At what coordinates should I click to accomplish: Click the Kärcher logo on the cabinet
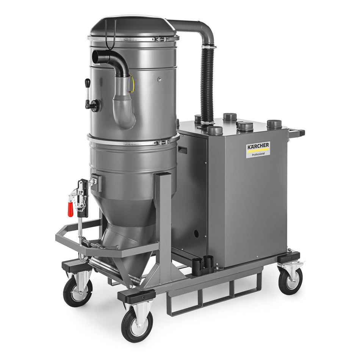tap(258, 146)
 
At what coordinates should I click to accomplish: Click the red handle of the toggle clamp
tap(70, 209)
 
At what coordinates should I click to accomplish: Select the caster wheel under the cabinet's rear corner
tap(290, 280)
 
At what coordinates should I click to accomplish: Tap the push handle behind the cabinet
tap(297, 133)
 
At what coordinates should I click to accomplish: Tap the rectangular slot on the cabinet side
tap(182, 150)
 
